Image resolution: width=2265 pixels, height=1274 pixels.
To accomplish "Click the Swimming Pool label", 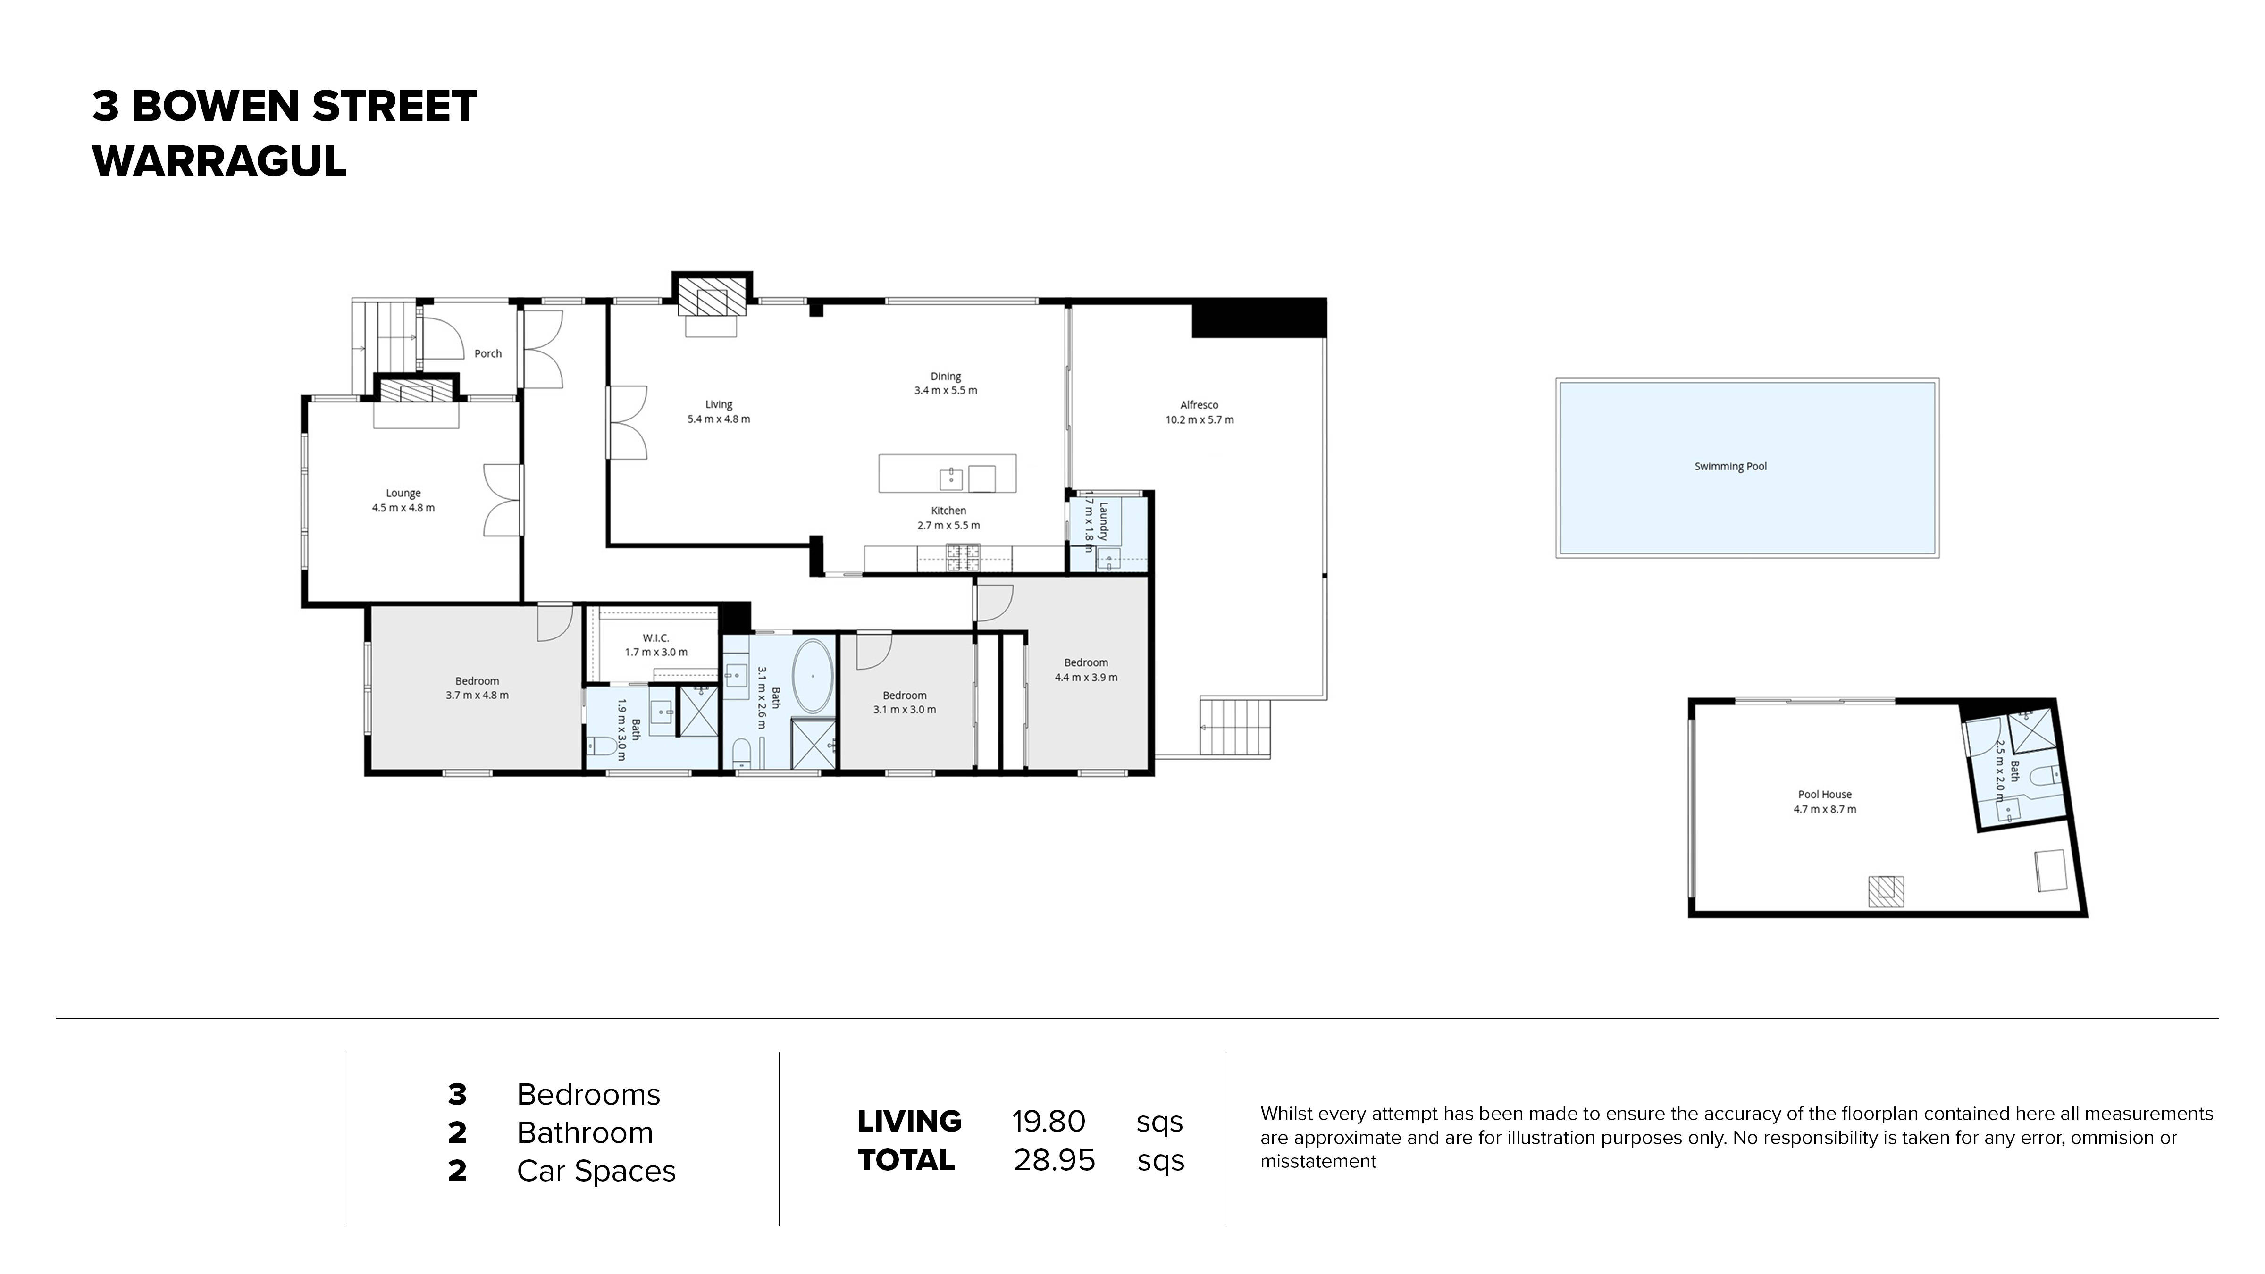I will pyautogui.click(x=1729, y=466).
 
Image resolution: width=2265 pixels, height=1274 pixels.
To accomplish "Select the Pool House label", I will pyautogui.click(x=1824, y=794).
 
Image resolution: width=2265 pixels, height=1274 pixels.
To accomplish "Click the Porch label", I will pyautogui.click(x=488, y=353).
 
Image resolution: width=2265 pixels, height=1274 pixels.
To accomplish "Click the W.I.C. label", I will pyautogui.click(x=656, y=637).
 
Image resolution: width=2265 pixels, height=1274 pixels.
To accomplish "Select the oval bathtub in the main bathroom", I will pyautogui.click(x=813, y=676).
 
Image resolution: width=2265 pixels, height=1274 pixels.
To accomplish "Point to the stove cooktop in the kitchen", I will pyautogui.click(x=963, y=557).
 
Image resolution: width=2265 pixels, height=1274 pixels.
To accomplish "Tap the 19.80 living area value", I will pyautogui.click(x=1048, y=1121).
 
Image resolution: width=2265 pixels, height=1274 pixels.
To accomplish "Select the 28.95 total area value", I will pyautogui.click(x=1053, y=1160).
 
